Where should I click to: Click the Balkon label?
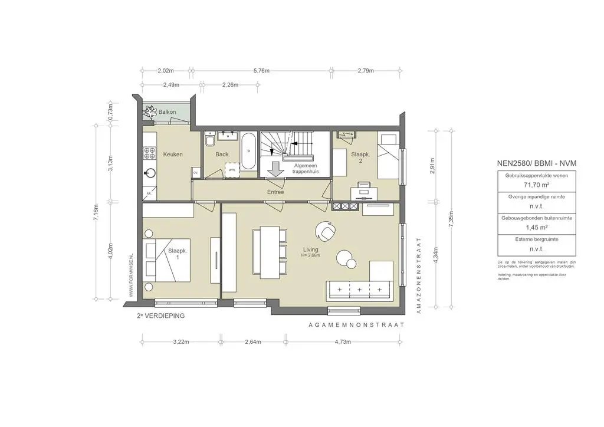(160, 112)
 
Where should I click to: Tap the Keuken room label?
(173, 155)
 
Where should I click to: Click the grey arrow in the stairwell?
(275, 169)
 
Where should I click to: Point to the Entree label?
(275, 192)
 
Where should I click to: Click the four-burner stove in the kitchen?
(149, 154)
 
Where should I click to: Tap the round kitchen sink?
(150, 173)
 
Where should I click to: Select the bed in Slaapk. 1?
(168, 260)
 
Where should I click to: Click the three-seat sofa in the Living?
(359, 290)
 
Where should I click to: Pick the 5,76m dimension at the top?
(261, 71)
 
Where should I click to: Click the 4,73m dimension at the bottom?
(342, 342)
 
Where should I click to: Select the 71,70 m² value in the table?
(527, 185)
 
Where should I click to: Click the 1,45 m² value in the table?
(527, 226)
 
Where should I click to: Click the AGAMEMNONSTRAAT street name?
(356, 325)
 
